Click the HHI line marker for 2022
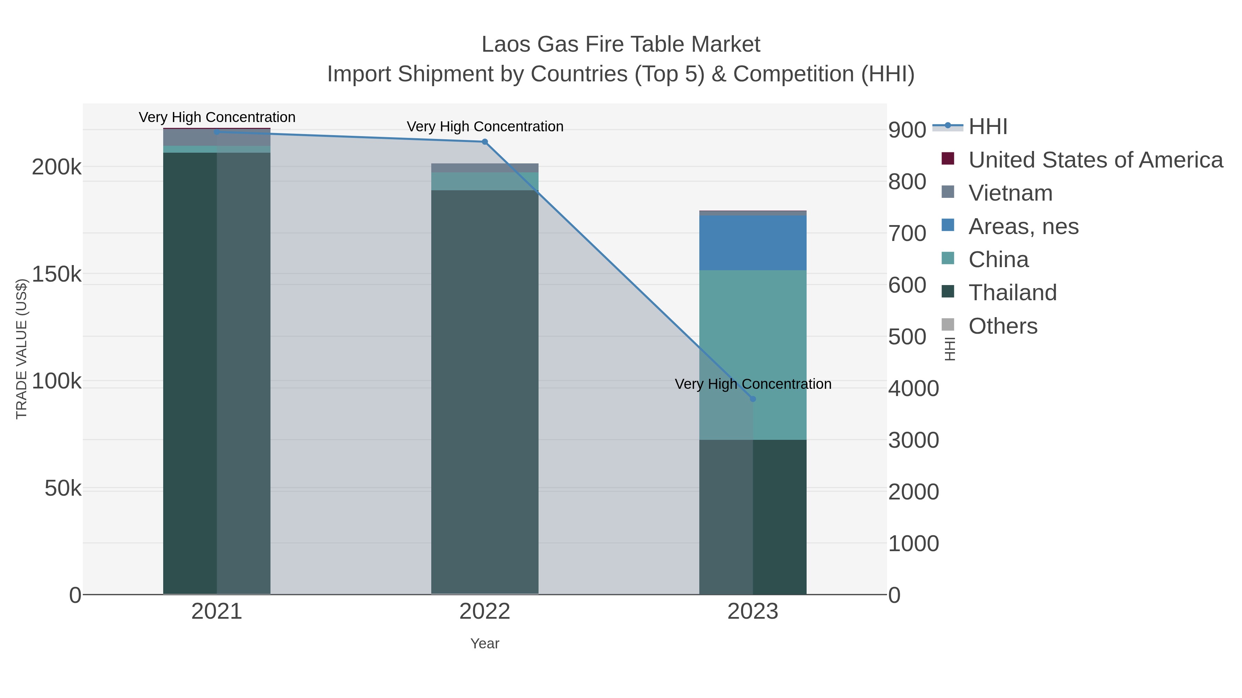tap(485, 142)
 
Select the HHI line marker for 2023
tap(753, 399)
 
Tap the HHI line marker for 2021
tap(216, 132)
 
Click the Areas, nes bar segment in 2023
tap(753, 242)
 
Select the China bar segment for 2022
tap(485, 181)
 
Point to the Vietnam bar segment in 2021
tap(216, 137)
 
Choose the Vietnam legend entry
tap(1011, 193)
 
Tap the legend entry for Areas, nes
tap(1023, 226)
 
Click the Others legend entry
tap(1003, 326)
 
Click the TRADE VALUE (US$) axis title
tap(22, 349)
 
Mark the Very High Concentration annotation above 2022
tap(485, 127)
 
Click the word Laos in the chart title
tap(506, 44)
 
